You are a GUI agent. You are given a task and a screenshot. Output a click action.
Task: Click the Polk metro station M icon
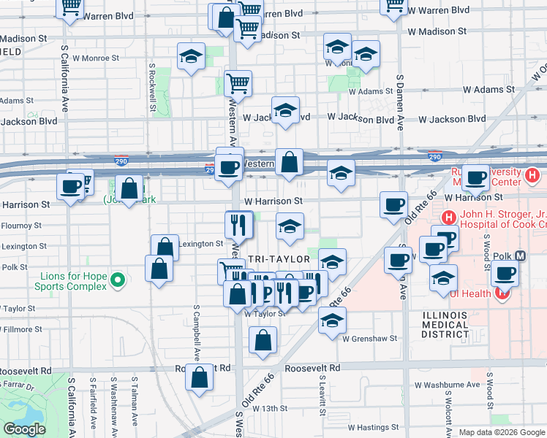tap(521, 256)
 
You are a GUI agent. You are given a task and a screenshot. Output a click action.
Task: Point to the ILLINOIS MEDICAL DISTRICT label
tap(444, 324)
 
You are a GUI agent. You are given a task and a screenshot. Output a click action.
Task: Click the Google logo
tap(24, 429)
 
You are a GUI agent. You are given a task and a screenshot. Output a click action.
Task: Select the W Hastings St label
tap(373, 427)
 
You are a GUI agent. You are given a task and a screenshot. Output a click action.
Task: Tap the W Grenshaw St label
tap(372, 339)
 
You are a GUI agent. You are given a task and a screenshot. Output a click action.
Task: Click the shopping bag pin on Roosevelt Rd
tap(200, 377)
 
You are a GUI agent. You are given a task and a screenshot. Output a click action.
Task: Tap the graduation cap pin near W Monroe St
tap(191, 57)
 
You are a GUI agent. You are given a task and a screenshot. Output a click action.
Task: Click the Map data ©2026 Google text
tap(501, 432)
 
